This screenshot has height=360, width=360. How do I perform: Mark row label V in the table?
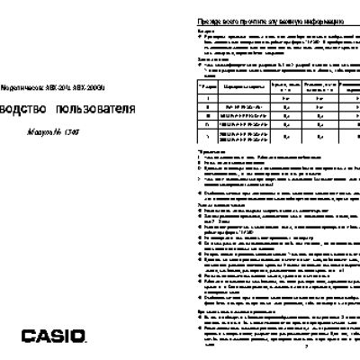[208, 138]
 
